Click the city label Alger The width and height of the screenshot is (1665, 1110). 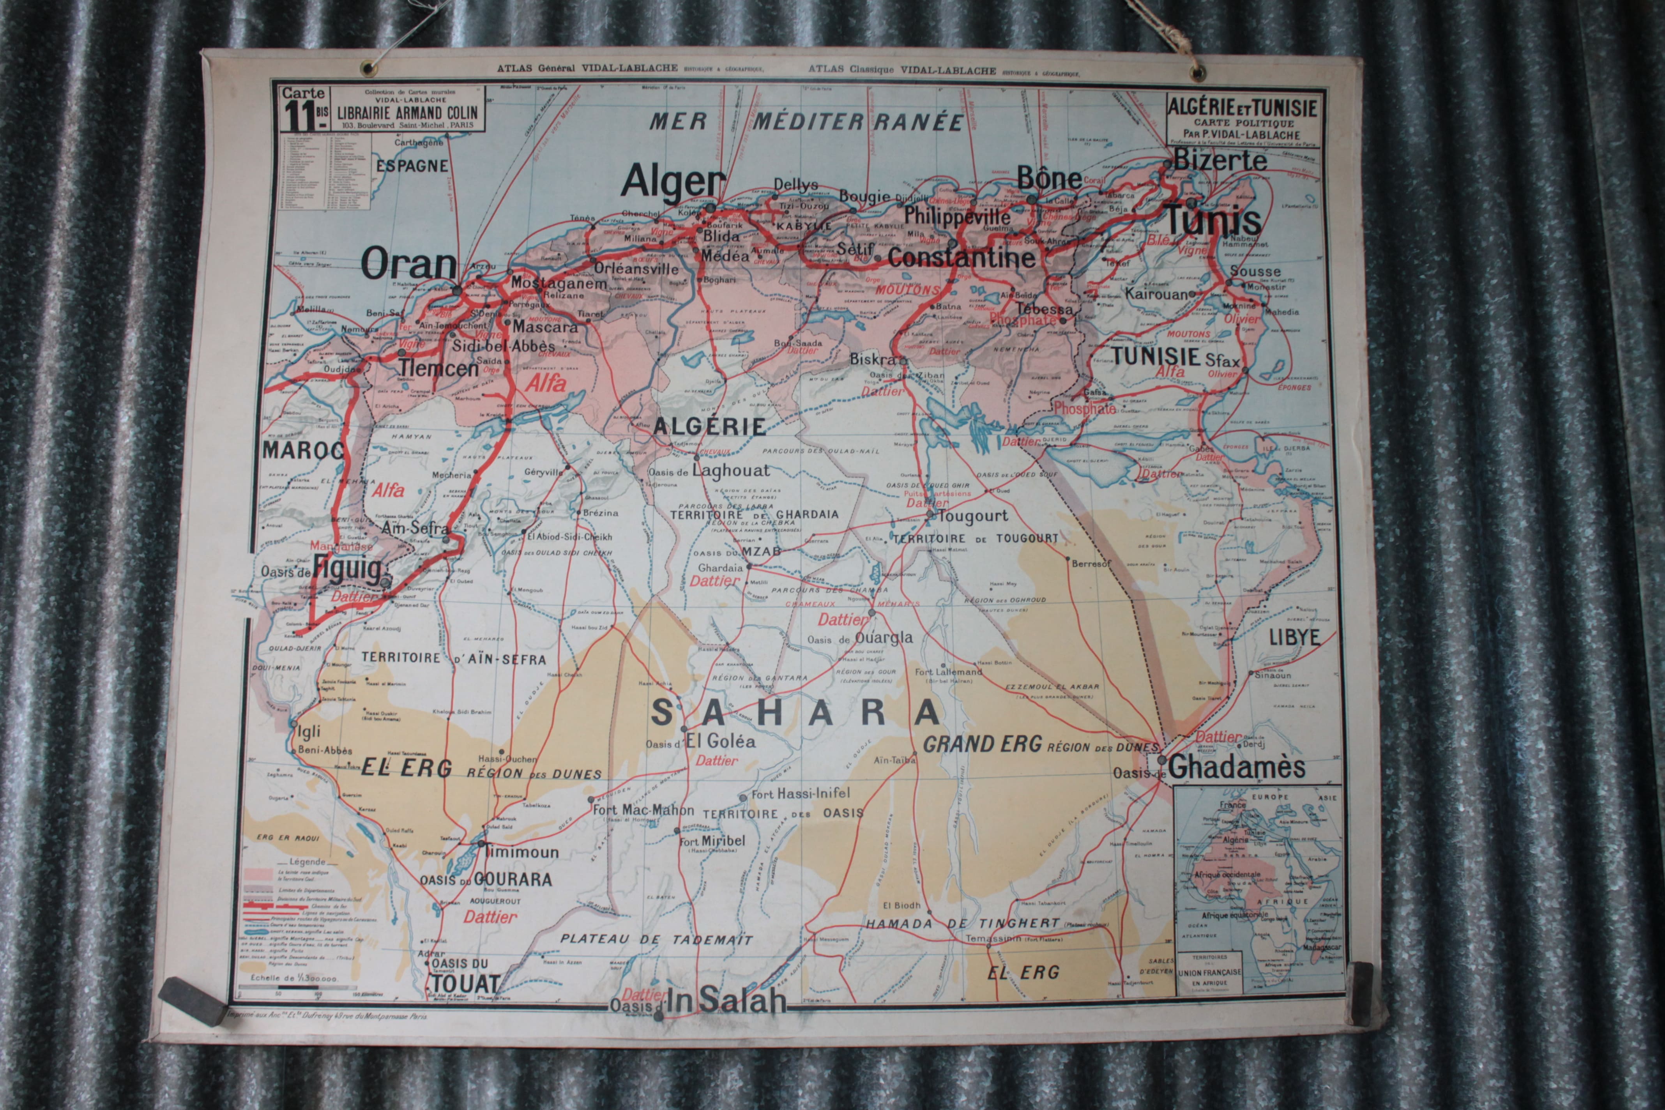click(673, 182)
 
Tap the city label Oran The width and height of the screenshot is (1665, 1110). click(408, 264)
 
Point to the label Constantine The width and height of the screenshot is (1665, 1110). click(961, 258)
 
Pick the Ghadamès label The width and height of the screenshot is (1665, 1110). click(1235, 767)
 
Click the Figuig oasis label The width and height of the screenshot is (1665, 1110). click(348, 569)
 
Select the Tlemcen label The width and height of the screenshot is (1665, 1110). click(438, 368)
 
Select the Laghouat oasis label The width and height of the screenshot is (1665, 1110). click(730, 470)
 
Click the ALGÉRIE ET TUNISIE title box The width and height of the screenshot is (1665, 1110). click(1243, 120)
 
